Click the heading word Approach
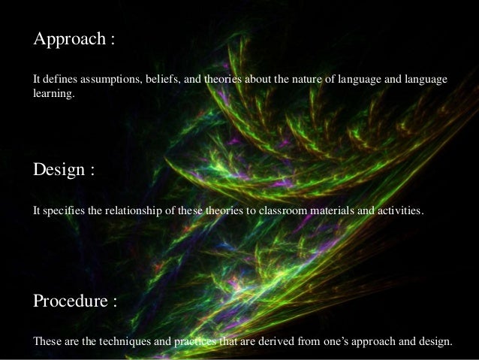coord(69,39)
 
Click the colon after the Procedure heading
coord(115,303)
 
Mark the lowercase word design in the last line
coord(435,342)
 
